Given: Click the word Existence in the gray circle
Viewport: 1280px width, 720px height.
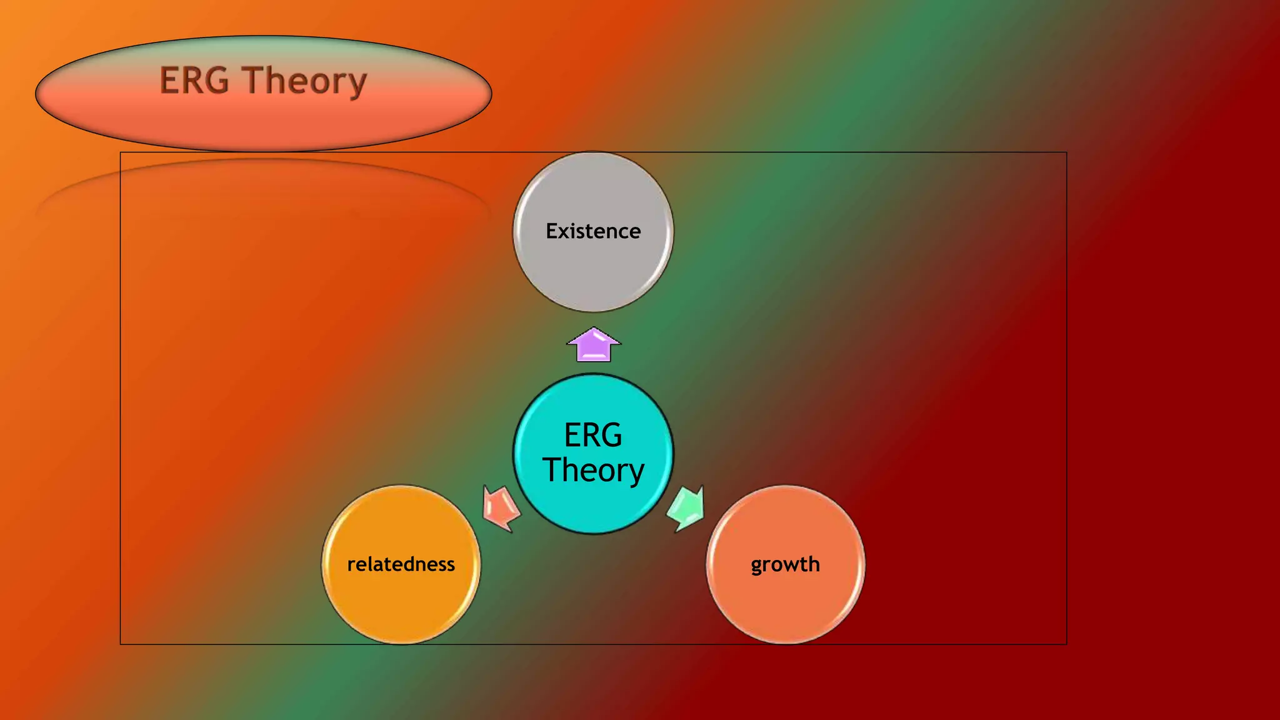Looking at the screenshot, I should click(x=593, y=231).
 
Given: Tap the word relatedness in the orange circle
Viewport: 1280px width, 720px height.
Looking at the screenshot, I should click(x=401, y=564).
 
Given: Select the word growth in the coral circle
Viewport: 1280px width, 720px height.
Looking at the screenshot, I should click(x=785, y=564).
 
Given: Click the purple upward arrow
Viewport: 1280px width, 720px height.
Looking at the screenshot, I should click(x=594, y=345).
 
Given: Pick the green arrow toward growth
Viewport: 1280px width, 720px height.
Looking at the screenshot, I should click(x=687, y=508).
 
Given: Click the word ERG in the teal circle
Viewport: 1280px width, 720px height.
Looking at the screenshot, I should click(x=593, y=435).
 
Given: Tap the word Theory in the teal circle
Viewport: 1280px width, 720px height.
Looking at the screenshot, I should click(x=593, y=470).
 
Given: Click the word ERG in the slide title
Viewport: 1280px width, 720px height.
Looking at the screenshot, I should click(x=194, y=81).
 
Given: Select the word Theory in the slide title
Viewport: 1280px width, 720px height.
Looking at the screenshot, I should click(x=305, y=81).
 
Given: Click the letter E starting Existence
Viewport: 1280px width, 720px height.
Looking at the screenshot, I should click(x=552, y=231).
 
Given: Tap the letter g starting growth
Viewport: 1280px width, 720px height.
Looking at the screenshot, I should click(x=757, y=566).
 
